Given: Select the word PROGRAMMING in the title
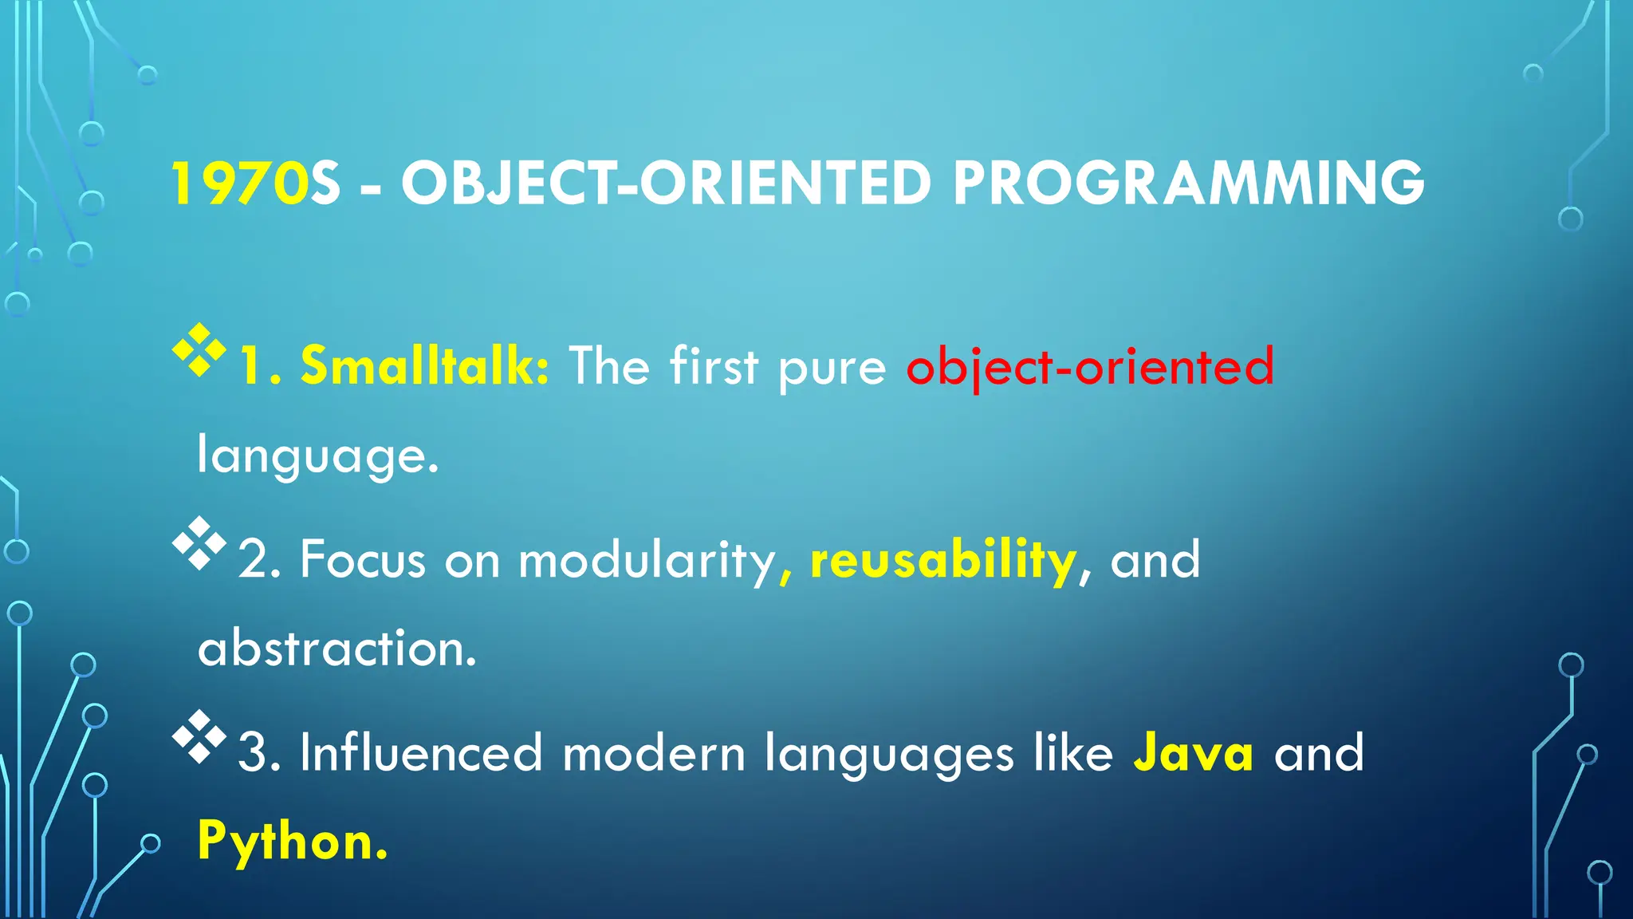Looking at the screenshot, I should click(1188, 183).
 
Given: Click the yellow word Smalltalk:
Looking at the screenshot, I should click(424, 366).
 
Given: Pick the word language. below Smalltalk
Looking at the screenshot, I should click(317, 456).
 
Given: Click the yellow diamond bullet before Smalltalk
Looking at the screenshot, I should click(199, 350).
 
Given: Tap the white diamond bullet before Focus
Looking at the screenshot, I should click(199, 543).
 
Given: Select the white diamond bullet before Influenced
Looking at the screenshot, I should click(199, 736).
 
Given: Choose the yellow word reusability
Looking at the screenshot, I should click(943, 561).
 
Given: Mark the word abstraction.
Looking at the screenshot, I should click(336, 649).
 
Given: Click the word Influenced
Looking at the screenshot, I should click(421, 752).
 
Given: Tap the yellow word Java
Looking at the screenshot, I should click(1193, 752).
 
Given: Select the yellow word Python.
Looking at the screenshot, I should click(292, 842).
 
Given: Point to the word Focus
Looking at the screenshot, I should click(363, 559).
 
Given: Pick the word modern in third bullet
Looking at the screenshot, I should click(654, 752).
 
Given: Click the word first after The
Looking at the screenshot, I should click(714, 366).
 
